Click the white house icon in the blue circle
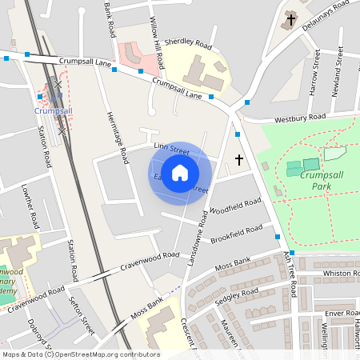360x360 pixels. [x=180, y=172]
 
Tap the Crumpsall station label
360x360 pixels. [x=54, y=111]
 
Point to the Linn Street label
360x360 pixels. [x=171, y=148]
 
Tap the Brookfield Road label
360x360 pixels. [x=236, y=234]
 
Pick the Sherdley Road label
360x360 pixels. [x=188, y=42]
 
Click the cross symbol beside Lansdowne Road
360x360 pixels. [x=239, y=160]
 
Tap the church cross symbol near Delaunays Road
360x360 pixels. [x=290, y=19]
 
